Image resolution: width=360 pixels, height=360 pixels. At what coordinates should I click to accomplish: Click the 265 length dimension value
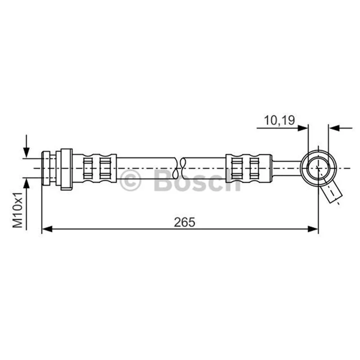pyautogui.click(x=184, y=222)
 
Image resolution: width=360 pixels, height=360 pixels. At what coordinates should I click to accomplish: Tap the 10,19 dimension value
pyautogui.click(x=279, y=120)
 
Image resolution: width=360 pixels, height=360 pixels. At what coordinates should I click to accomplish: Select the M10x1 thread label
pyautogui.click(x=18, y=210)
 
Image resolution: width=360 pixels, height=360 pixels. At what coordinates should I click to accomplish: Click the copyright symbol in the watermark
pyautogui.click(x=130, y=180)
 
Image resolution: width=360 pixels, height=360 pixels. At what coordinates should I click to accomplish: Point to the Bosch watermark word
pyautogui.click(x=198, y=180)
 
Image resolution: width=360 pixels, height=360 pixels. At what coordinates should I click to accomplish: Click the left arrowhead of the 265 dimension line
pyautogui.click(x=47, y=229)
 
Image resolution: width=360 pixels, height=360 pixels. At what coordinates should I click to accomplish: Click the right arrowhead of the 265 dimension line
pyautogui.click(x=313, y=229)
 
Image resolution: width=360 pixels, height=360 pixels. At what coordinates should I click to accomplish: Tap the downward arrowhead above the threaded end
pyautogui.click(x=27, y=153)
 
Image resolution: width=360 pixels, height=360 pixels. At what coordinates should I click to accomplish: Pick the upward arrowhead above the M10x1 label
pyautogui.click(x=27, y=183)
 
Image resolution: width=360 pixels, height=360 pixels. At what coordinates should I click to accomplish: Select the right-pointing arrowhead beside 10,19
pyautogui.click(x=302, y=128)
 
